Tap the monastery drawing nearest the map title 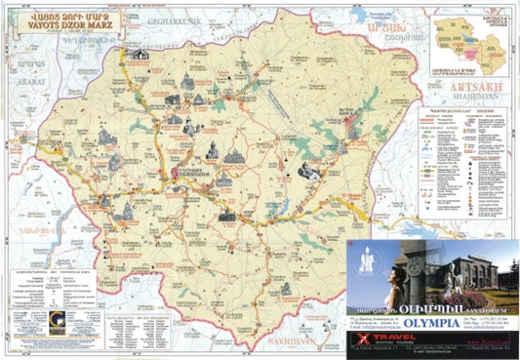coord(140,55)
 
